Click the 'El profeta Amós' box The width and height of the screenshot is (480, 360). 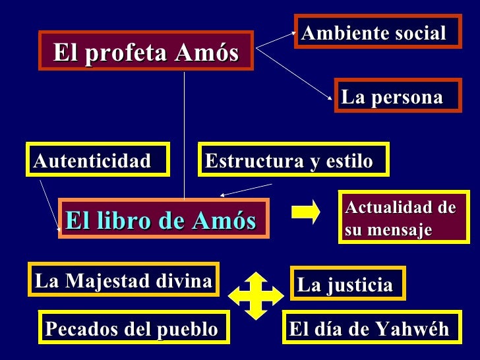[146, 51]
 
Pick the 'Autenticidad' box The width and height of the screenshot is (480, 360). [98, 160]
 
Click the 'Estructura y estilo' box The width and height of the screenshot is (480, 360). [293, 160]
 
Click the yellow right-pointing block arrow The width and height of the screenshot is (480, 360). [305, 212]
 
